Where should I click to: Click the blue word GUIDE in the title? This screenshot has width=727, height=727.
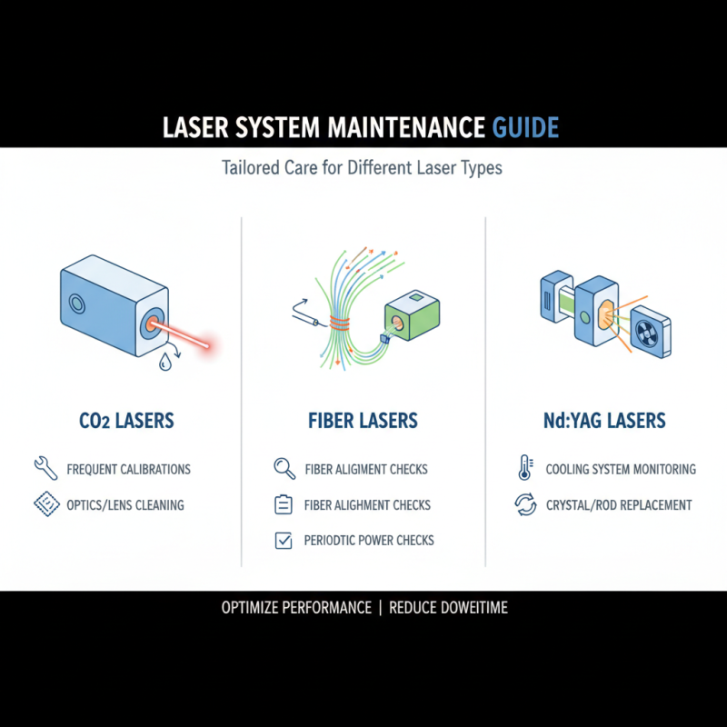(525, 126)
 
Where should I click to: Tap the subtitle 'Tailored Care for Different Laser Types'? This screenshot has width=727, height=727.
(362, 168)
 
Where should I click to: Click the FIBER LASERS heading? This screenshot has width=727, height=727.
(363, 421)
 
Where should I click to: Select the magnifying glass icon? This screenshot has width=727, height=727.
(284, 469)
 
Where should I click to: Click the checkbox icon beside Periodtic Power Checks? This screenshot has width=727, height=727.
(284, 541)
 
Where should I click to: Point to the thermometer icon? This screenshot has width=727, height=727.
(525, 469)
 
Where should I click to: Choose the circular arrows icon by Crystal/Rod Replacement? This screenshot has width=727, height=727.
(525, 504)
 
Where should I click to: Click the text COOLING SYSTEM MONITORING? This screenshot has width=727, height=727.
(621, 470)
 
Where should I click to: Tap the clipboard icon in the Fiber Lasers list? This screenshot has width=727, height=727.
(284, 504)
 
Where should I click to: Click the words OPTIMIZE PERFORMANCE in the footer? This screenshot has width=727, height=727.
(296, 607)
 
